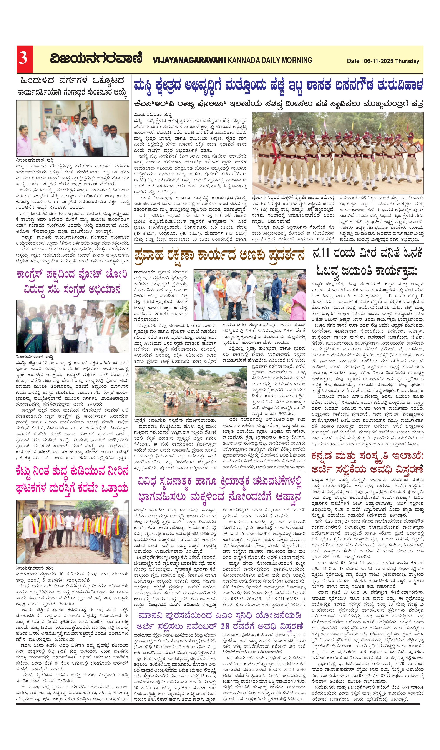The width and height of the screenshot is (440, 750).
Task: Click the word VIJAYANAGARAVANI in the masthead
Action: pos(189,60)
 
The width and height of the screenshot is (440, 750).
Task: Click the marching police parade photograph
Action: pos(338,153)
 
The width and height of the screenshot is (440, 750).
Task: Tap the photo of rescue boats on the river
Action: pos(191,391)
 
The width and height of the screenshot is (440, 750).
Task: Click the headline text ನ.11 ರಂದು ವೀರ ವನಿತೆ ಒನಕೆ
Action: pos(367,253)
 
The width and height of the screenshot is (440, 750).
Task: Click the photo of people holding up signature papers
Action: pos(72,327)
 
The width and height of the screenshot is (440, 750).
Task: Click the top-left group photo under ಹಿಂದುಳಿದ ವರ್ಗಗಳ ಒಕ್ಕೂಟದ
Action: pos(72,128)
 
